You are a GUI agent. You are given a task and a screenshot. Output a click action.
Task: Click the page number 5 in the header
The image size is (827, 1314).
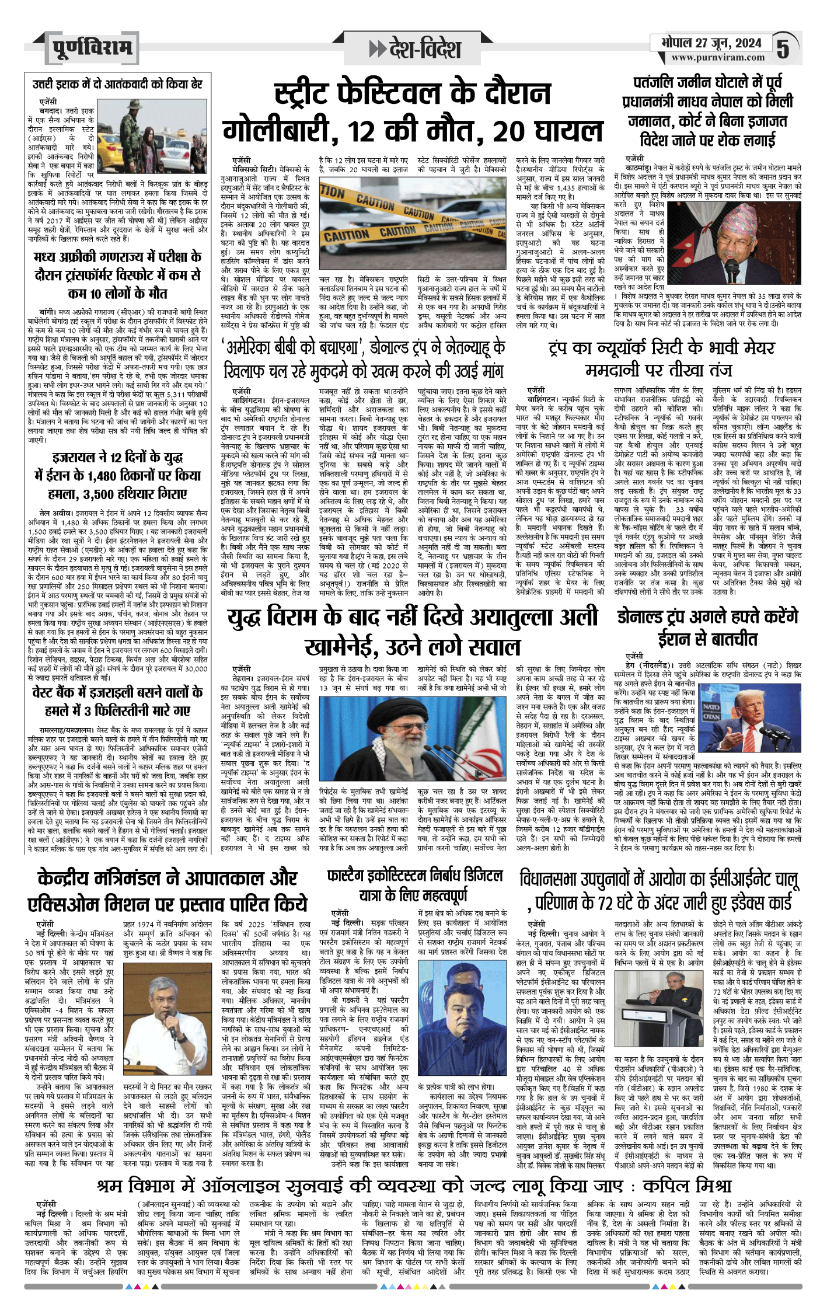point(783,50)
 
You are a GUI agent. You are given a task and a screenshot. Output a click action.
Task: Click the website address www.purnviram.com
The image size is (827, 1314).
point(717,58)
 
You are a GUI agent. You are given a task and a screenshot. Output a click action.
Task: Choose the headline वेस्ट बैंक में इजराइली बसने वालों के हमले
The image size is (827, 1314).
point(117,701)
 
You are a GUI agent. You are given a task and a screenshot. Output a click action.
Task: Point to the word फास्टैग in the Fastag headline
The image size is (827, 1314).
point(351,876)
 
